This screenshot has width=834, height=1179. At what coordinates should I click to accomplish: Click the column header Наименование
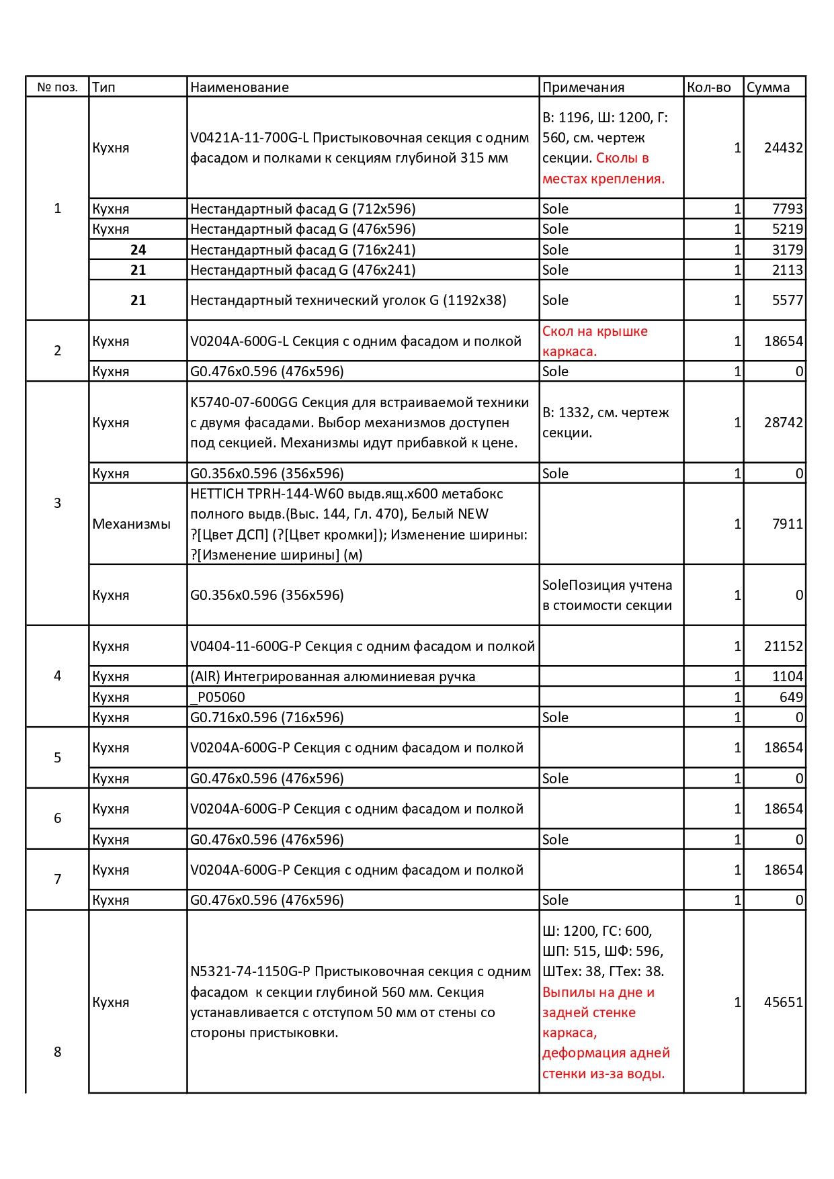point(239,87)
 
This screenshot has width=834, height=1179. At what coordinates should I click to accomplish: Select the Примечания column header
point(583,87)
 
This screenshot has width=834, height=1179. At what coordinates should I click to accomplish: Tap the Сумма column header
point(768,87)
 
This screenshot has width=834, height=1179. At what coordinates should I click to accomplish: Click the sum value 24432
point(783,148)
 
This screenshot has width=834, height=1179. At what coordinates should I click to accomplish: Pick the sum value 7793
point(787,209)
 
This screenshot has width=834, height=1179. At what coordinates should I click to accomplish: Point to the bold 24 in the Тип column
point(138,250)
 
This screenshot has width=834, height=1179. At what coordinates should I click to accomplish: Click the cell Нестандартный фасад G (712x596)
point(302,209)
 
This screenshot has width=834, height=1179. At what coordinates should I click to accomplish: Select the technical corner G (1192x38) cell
point(348,300)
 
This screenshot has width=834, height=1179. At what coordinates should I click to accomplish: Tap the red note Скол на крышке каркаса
point(595,341)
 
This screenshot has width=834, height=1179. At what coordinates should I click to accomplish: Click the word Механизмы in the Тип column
point(131,524)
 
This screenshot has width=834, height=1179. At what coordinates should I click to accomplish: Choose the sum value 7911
point(787,524)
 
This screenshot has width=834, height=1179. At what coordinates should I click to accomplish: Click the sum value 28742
point(783,423)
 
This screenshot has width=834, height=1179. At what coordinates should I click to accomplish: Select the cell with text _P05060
point(218,697)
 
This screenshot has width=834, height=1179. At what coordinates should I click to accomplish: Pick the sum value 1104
point(787,676)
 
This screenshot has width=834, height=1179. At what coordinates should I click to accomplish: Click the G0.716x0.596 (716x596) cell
point(267,717)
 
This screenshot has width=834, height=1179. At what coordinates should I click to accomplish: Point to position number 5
point(57,758)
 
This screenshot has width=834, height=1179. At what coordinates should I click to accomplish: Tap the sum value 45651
point(783,1002)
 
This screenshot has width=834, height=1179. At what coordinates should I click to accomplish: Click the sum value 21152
point(783,646)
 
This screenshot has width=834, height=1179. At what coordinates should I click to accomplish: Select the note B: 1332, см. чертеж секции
point(606,423)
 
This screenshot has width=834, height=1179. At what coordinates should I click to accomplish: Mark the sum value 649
point(791,697)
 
